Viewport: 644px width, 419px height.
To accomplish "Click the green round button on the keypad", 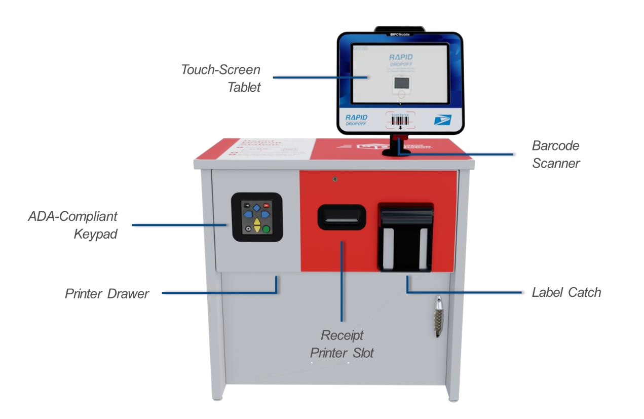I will point(266,229).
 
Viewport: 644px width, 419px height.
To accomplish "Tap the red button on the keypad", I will point(266,206).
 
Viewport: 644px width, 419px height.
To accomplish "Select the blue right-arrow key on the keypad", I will point(266,214).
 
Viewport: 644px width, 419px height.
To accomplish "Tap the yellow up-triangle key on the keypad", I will point(257,221).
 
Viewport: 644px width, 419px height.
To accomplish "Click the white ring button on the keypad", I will point(248,228).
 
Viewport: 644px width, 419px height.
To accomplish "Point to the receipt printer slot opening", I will point(342,216).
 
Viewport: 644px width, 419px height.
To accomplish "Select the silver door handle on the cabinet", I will point(438,317).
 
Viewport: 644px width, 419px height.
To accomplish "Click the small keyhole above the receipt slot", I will point(335,178).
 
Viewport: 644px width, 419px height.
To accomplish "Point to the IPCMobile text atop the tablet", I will point(400,34).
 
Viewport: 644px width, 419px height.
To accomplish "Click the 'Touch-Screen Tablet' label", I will point(221,78).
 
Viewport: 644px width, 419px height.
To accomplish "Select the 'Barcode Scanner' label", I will point(555,154).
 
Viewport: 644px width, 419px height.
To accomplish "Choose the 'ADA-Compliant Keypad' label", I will point(73,225).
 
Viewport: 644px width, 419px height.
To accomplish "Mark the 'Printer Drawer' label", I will point(107,294).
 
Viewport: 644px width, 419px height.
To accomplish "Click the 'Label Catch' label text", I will point(566,292).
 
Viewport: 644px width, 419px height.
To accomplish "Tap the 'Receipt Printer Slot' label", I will point(342,344).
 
